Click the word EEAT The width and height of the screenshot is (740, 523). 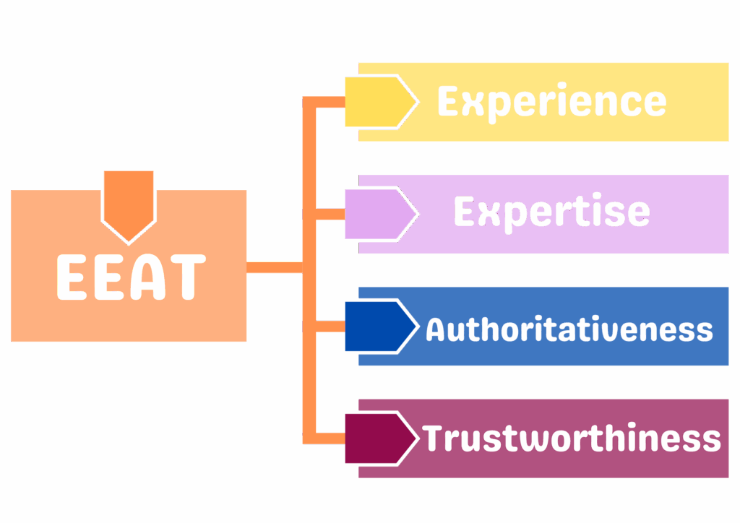pyautogui.click(x=131, y=277)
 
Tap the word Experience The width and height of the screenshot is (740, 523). pyautogui.click(x=551, y=102)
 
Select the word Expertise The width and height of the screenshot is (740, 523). pyautogui.click(x=551, y=212)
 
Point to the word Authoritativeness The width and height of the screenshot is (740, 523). pyautogui.click(x=569, y=329)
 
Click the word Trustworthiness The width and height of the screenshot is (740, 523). pyautogui.click(x=571, y=438)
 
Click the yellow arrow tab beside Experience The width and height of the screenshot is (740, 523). pyautogui.click(x=380, y=103)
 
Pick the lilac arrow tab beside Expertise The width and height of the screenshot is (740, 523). pyautogui.click(x=380, y=214)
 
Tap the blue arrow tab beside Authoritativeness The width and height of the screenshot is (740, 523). pyautogui.click(x=380, y=327)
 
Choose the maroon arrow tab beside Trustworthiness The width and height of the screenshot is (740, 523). pyautogui.click(x=380, y=438)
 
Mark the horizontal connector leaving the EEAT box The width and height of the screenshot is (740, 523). pyautogui.click(x=275, y=267)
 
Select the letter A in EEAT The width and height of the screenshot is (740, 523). pyautogui.click(x=154, y=277)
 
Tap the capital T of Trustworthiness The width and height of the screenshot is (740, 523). pyautogui.click(x=434, y=438)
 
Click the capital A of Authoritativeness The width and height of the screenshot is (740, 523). pyautogui.click(x=436, y=329)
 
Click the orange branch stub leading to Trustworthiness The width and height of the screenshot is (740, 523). pyautogui.click(x=324, y=438)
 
